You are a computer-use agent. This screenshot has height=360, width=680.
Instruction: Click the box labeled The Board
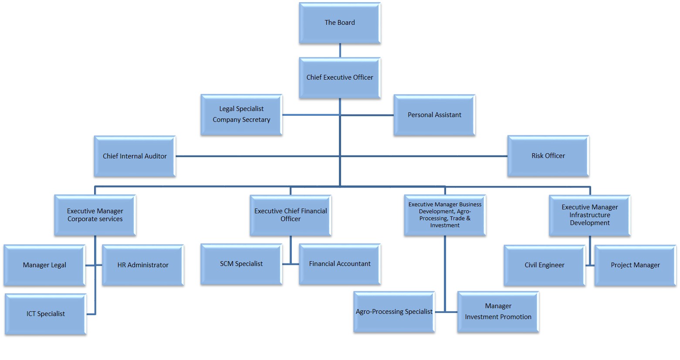coord(340,23)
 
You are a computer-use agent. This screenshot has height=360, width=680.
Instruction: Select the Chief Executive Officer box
coord(340,77)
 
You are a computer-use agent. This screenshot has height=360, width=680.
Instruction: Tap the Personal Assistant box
coord(434,115)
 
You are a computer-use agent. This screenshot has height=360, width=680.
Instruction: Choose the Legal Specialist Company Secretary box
coord(241,114)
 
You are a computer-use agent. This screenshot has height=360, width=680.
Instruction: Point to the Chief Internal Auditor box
coord(135,156)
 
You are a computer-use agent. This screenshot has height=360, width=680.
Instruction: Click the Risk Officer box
coord(548,156)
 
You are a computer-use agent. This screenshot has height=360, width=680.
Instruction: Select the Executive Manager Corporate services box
coord(95,215)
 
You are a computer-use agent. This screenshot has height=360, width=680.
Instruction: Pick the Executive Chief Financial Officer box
coord(291,215)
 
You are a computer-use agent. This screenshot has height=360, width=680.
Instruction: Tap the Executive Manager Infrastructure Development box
coord(589,215)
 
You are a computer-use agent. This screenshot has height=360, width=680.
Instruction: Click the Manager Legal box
coord(44,265)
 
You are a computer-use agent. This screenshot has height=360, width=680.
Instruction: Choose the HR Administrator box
coord(143,265)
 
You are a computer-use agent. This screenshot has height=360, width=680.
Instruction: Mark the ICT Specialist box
coord(46,314)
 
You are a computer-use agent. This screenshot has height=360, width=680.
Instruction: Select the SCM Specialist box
coord(241,264)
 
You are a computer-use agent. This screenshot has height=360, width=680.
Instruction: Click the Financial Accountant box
coord(340,264)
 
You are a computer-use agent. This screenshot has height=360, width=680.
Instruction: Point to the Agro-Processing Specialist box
coord(394,312)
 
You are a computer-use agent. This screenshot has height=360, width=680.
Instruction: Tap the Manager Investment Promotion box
coord(498,312)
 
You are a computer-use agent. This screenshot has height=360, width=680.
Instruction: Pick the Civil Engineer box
coord(545,265)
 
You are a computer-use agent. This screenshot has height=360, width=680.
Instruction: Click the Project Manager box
coord(635,265)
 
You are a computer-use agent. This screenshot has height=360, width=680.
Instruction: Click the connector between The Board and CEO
coord(340,50)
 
